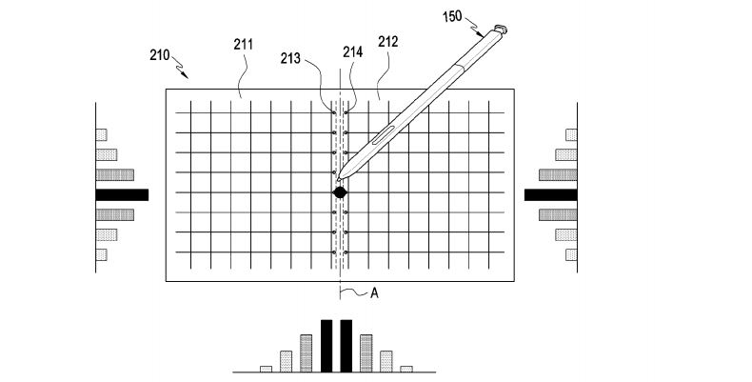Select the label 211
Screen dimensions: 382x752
pyautogui.click(x=244, y=44)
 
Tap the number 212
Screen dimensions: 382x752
pyautogui.click(x=388, y=42)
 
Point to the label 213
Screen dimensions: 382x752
pyautogui.click(x=290, y=59)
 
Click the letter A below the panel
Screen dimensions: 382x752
pyautogui.click(x=374, y=293)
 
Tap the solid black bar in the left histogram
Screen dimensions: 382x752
pyautogui.click(x=122, y=194)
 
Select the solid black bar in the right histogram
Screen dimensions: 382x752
pyautogui.click(x=550, y=194)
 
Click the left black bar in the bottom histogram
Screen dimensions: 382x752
pyautogui.click(x=327, y=346)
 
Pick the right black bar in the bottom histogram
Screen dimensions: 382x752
pyautogui.click(x=346, y=346)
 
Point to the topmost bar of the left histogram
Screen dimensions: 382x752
pyautogui.click(x=101, y=134)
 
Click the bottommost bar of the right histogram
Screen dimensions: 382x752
pyautogui.click(x=573, y=254)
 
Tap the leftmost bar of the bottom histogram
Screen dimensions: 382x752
pyautogui.click(x=266, y=368)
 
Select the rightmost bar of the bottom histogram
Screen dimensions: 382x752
pyautogui.click(x=406, y=368)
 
